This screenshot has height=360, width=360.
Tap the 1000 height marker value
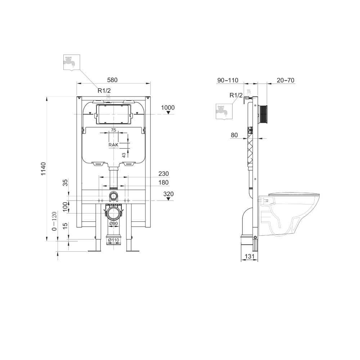168,108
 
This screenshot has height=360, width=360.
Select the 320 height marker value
168,194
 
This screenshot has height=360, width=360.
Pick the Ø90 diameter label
114,224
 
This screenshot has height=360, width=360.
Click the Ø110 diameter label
114,240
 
